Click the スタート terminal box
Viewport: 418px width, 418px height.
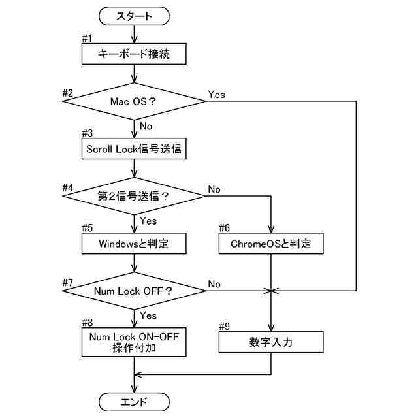[134, 16]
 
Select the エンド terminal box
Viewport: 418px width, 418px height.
[134, 401]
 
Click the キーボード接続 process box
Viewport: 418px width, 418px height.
[134, 54]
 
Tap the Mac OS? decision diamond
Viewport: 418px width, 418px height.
[134, 101]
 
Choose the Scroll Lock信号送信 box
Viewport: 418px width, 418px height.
[134, 149]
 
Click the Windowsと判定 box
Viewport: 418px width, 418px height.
[134, 244]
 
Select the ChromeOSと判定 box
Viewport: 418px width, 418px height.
[270, 244]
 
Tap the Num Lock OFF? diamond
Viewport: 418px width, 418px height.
[134, 291]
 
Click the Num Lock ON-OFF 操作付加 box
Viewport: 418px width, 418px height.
[134, 343]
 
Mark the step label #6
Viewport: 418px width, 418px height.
[225, 228]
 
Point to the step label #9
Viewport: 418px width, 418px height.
[225, 325]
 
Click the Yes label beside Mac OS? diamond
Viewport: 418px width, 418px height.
[216, 95]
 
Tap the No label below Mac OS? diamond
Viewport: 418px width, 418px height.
[148, 125]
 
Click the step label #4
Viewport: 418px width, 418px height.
[68, 188]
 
